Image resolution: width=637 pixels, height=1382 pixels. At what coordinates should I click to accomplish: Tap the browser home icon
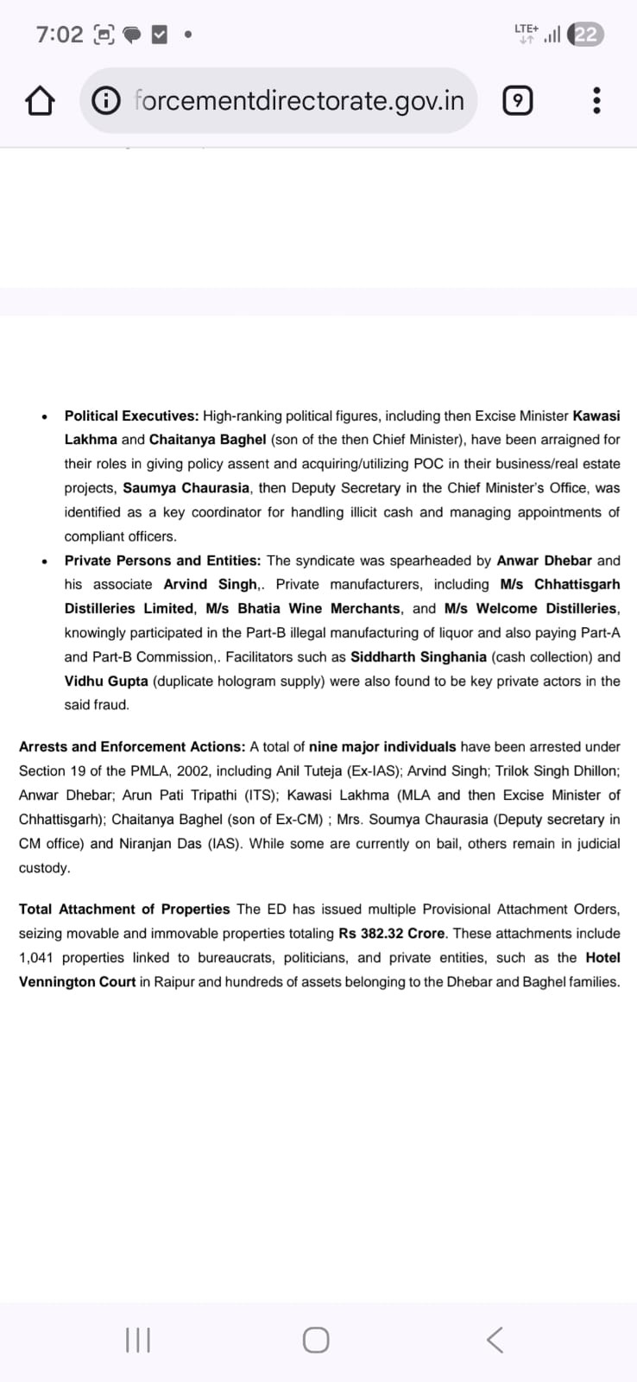coord(40,102)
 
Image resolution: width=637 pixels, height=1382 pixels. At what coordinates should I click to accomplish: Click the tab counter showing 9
coord(517,102)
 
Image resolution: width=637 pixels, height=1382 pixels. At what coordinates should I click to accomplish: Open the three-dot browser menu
coord(596,102)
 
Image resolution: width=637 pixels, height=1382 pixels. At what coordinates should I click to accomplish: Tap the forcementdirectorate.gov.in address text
coord(300,101)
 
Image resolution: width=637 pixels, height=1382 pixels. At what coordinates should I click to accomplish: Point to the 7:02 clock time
coord(60,35)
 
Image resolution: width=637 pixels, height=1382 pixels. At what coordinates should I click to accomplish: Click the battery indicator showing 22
coord(586,35)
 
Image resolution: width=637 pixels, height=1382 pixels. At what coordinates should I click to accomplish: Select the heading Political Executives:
coord(131,415)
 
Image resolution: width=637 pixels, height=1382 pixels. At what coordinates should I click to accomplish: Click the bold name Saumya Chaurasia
coord(186,488)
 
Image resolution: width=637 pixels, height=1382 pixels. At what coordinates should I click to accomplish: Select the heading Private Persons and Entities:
coord(162,561)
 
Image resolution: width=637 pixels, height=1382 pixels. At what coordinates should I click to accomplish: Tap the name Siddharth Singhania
coord(419,656)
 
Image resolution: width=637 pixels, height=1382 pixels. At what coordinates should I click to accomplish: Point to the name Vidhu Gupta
coord(106,681)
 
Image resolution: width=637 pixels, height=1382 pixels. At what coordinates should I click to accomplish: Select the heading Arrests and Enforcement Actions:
coord(132,746)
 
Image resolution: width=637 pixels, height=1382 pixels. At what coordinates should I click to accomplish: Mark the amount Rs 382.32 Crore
coord(392,933)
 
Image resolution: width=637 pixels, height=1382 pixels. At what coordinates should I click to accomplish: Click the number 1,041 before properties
coord(35,957)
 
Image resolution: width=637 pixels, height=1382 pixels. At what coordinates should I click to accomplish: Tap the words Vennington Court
coord(78,981)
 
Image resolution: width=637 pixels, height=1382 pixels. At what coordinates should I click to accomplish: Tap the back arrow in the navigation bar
coord(495,1340)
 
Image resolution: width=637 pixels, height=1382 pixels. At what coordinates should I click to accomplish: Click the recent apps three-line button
coord(138,1340)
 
